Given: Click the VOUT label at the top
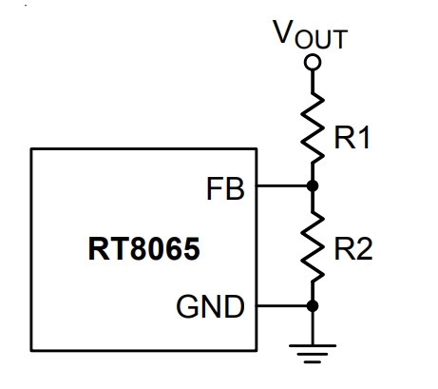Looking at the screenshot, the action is point(311,34).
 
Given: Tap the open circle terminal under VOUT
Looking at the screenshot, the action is point(313,62).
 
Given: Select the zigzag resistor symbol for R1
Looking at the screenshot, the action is point(313,127).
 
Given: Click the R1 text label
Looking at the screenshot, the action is point(352,138).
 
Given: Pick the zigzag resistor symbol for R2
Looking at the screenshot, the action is point(313,246).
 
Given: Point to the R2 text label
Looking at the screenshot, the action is point(353,249).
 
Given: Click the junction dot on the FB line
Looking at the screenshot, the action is point(313,185).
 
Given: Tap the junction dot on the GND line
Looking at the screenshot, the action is point(313,306).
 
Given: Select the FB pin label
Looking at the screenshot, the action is point(225,189).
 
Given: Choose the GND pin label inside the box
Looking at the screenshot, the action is point(211,306).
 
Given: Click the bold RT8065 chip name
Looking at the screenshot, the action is point(144,249).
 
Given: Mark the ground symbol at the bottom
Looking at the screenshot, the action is point(313,354).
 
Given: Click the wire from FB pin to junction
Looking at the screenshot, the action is point(282,185).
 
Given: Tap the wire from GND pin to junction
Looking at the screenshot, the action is point(282,306).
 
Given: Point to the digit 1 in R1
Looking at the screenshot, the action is point(364,138).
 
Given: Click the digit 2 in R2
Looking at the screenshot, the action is point(365,249).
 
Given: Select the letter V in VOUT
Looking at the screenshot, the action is point(283,31).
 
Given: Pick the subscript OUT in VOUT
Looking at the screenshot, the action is point(321,39).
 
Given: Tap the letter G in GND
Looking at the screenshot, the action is point(187,306).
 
